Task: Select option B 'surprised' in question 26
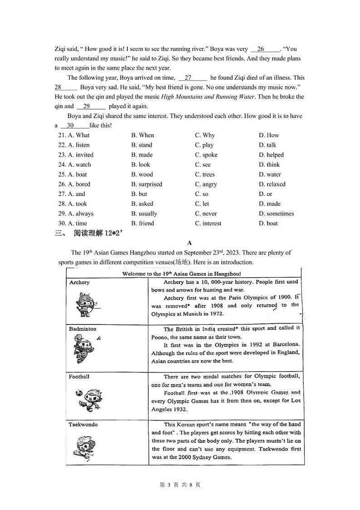[x=146, y=184]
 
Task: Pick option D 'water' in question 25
[x=270, y=174]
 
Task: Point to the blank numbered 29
[x=91, y=106]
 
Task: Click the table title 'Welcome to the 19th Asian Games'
[x=181, y=274]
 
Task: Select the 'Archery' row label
[x=79, y=282]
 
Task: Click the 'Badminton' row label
[x=83, y=329]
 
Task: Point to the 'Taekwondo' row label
[x=83, y=425]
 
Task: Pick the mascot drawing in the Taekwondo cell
[x=84, y=447]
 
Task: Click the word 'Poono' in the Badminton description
[x=160, y=337]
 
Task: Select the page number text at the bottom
[x=180, y=485]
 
